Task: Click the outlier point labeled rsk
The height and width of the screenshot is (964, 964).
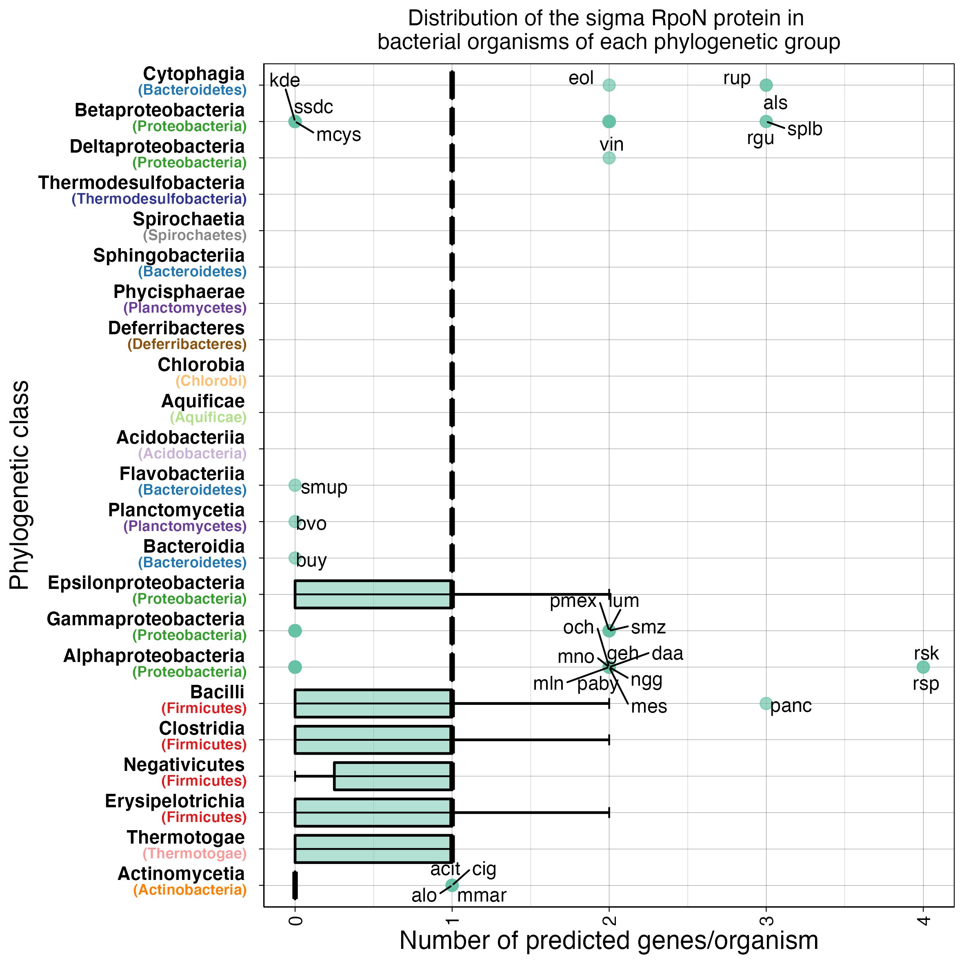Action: tap(923, 667)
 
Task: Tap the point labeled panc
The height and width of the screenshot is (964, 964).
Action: tap(765, 703)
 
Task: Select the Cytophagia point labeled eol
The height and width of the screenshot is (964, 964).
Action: tap(609, 85)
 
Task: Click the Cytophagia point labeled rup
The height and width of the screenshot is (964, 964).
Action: tap(765, 85)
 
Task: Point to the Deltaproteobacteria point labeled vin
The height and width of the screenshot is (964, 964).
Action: tap(609, 158)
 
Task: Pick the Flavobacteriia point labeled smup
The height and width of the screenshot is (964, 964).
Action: tap(295, 485)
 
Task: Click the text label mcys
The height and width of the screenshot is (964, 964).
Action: tap(338, 135)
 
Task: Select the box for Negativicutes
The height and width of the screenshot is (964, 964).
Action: tap(393, 776)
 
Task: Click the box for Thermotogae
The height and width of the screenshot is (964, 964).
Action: tap(373, 849)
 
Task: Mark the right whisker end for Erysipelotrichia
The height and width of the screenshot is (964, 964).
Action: tap(609, 812)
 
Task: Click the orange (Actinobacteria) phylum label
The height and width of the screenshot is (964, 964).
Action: tap(190, 890)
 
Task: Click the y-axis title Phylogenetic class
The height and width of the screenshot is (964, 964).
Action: tap(20, 485)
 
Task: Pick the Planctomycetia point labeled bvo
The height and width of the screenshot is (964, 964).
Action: tap(294, 522)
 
